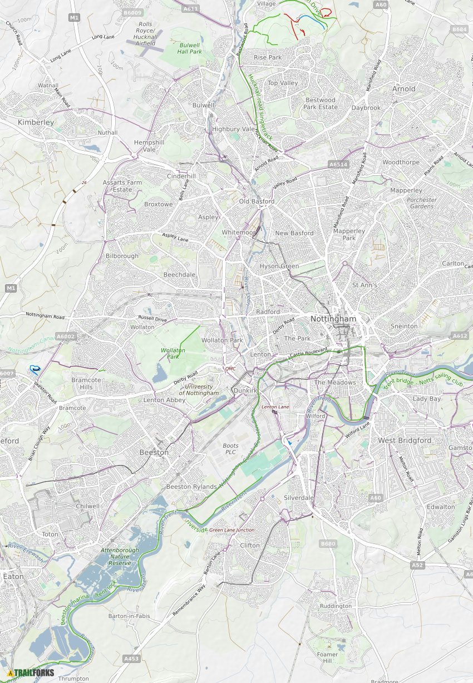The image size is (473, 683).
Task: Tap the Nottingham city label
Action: pos(333,319)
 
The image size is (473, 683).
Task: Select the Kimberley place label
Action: pos(36,122)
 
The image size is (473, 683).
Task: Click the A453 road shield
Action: pos(131,659)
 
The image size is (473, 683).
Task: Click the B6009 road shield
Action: pos(132,12)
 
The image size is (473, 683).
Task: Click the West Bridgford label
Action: pos(405,440)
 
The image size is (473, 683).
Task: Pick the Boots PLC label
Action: pos(230,449)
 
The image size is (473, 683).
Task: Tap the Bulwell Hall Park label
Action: pos(189,48)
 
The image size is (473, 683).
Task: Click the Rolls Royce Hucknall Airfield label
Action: pos(145,33)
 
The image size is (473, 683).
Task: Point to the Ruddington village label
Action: pos(336,606)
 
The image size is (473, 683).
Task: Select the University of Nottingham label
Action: pos(199,389)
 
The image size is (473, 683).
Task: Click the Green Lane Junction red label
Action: pos(231,530)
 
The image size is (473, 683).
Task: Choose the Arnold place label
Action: pos(403,88)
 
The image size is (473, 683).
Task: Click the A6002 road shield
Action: pos(65,336)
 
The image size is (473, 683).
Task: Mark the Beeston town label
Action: pos(154,452)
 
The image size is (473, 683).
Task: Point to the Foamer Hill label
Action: pos(327,657)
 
